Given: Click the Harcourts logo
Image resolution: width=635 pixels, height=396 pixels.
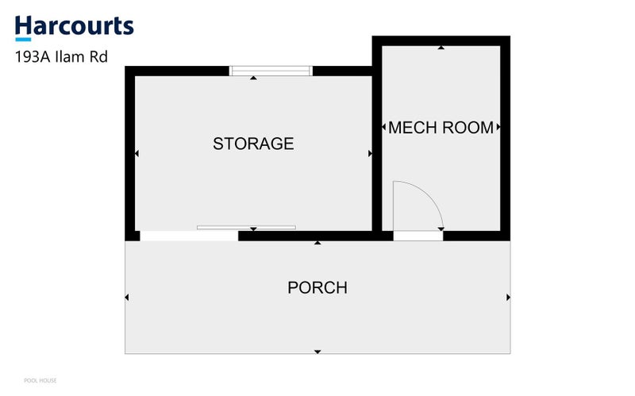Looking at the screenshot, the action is click(74, 28).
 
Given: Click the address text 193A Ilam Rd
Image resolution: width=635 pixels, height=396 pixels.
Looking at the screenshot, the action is click(61, 57).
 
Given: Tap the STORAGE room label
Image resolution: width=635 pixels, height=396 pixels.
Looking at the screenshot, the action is click(253, 144).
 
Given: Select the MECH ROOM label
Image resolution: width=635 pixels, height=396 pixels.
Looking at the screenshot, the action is click(441, 128).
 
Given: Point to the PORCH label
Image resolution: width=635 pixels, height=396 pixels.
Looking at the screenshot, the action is click(317, 288).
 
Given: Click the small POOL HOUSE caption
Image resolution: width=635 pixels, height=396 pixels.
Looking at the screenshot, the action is click(40, 381).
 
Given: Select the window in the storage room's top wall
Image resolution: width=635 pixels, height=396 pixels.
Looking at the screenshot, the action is click(271, 71).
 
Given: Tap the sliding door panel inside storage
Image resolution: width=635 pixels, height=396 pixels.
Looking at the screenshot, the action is click(246, 228).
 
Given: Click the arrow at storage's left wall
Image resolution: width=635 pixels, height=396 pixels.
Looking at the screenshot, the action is click(137, 153).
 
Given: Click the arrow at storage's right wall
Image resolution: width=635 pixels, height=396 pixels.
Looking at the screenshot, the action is click(370, 153).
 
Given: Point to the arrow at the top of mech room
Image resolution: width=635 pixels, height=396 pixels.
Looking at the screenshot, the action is click(441, 48).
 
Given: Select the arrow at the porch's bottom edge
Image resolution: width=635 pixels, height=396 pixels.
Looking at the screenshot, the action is click(317, 352).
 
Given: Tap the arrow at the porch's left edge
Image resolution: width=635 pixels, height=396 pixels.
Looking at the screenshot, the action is click(127, 298).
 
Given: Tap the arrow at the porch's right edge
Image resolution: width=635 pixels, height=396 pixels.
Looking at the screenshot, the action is click(508, 298).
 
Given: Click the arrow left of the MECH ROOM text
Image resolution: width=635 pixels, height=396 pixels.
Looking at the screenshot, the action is click(384, 127).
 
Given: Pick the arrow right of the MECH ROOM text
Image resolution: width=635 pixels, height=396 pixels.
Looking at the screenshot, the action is click(498, 127).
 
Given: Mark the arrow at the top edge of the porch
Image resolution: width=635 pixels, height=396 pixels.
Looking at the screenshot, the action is click(317, 243).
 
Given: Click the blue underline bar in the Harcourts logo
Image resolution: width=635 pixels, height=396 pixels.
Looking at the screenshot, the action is click(23, 40).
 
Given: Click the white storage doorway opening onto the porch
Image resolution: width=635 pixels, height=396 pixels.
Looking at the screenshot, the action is click(189, 236).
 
